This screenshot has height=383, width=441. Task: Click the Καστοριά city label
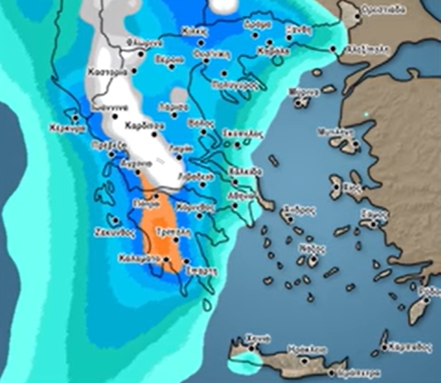[x=107, y=73]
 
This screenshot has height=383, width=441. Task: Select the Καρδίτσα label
[x=139, y=125]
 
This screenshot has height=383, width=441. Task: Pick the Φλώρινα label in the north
[x=139, y=43]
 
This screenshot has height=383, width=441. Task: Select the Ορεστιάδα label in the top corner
[x=383, y=9]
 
